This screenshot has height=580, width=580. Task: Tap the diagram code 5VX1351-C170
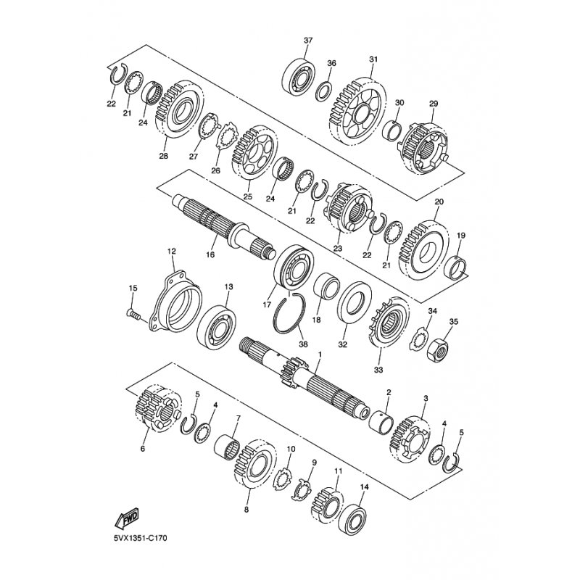[x=140, y=538]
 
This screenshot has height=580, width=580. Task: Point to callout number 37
[x=308, y=41]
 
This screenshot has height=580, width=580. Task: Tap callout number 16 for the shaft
[x=210, y=255]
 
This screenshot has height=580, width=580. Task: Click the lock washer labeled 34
[x=418, y=339]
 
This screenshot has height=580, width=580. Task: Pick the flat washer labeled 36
[x=323, y=90]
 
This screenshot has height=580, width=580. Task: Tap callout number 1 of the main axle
[x=320, y=354]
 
